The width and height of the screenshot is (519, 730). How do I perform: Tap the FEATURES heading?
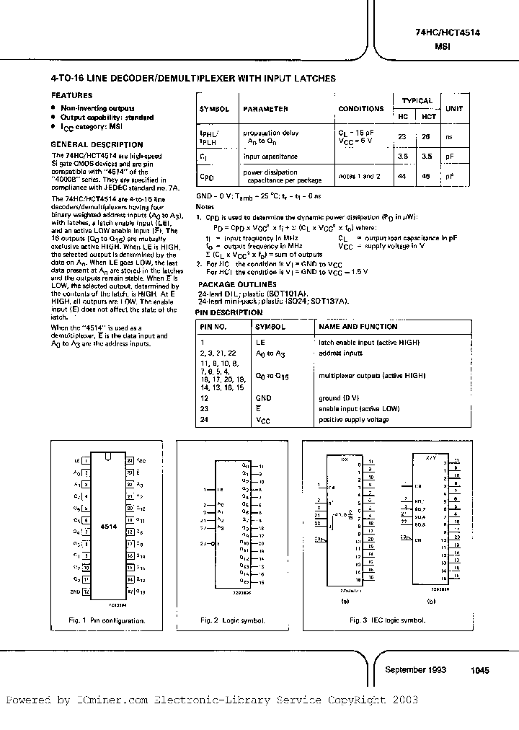[x=71, y=95]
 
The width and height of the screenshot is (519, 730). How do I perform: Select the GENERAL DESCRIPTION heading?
[x=97, y=144]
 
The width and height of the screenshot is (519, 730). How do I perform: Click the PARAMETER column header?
[x=265, y=109]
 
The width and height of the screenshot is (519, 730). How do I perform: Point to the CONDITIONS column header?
[x=361, y=109]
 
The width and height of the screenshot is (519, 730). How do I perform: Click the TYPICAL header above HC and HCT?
[x=417, y=101]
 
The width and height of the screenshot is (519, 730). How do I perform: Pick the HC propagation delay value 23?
[x=403, y=136]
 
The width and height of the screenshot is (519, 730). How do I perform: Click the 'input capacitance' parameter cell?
[x=270, y=156]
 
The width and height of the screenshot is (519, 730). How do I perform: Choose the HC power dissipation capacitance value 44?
[x=403, y=175]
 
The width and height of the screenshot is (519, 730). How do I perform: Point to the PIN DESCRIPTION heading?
[x=231, y=313]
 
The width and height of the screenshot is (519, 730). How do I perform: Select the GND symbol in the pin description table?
[x=264, y=397]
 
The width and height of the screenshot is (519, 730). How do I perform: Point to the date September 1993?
[x=416, y=669]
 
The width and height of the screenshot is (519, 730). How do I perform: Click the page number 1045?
[x=479, y=670]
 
